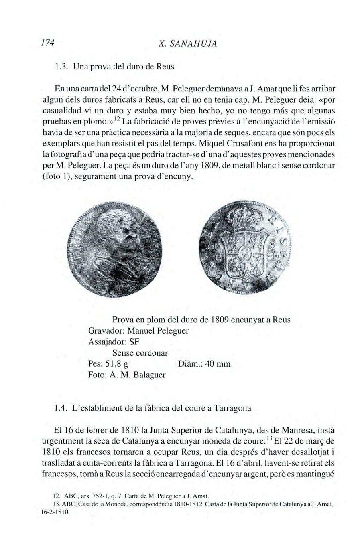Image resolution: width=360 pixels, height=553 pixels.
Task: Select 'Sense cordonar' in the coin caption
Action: coord(140,353)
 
